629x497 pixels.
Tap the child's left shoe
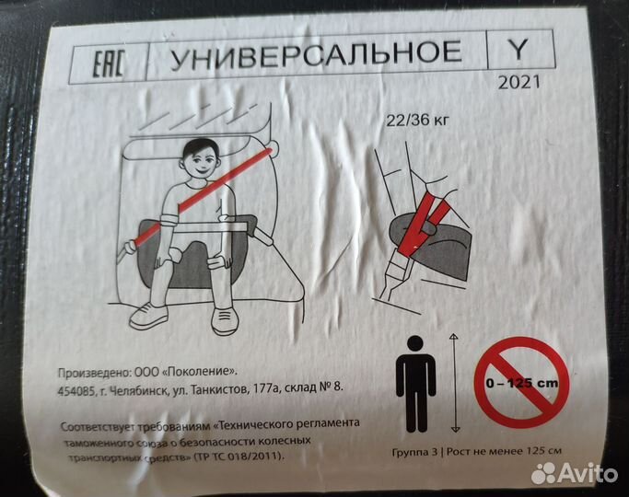[224, 319]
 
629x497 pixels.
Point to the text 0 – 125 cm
[516, 383]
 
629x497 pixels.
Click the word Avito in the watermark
[589, 471]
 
